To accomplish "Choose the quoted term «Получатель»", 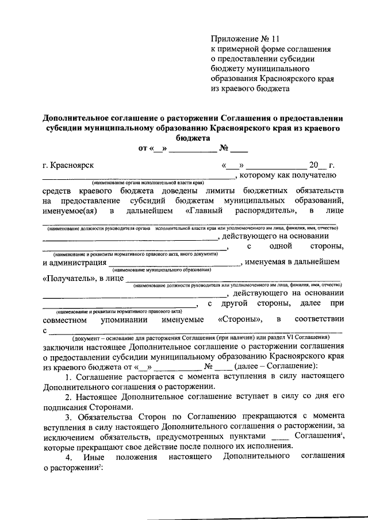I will coord(68,279).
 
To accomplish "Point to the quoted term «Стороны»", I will coord(240,319).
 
